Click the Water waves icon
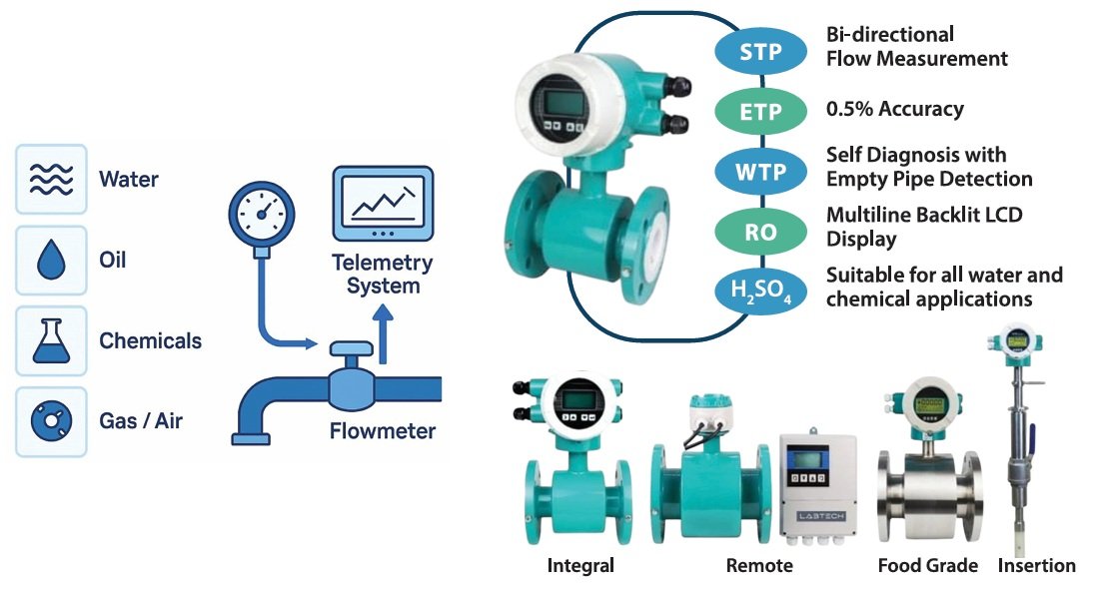pos(51,180)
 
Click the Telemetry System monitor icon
pos(383,205)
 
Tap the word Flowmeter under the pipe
pos(383,431)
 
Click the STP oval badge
pos(760,53)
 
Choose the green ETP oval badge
pos(760,112)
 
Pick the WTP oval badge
pos(760,172)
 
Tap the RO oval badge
pos(760,233)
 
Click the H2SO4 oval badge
pos(760,293)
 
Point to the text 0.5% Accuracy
pos(894,108)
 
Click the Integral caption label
pos(580,566)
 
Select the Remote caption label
pos(759,566)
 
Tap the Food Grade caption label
pos(927,566)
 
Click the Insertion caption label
pos(1036,566)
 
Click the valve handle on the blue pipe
pos(351,349)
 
